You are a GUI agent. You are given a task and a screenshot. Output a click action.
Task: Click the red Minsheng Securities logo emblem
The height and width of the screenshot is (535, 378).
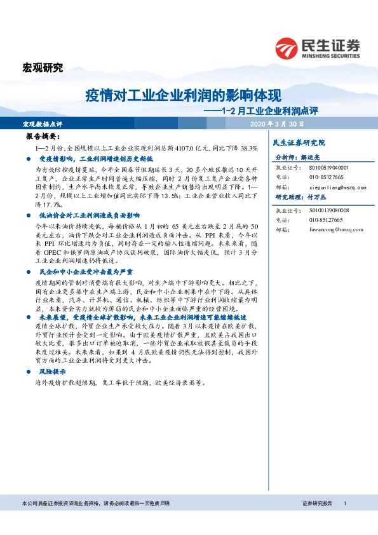tap(287, 46)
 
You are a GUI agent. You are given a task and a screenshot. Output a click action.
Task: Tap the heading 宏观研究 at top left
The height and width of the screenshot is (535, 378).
tap(43, 69)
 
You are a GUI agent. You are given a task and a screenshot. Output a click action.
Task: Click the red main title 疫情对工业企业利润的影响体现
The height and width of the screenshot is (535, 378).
tap(183, 96)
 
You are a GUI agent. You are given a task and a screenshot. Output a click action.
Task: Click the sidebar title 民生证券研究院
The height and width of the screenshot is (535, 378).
tap(299, 143)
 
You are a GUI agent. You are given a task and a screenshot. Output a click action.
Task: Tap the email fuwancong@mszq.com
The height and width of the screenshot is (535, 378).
tap(338, 230)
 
